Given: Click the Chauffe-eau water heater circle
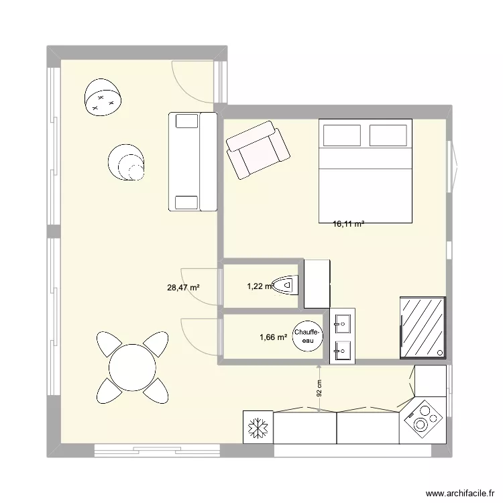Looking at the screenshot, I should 309,337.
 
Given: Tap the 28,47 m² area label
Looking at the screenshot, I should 184,288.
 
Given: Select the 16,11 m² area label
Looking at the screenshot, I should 349,225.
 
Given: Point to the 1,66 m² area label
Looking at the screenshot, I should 274,337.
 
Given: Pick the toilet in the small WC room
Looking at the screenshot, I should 286,286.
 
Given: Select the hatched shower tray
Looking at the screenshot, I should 423,327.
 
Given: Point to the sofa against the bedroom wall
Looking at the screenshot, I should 192,161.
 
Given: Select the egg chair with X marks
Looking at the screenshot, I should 103,98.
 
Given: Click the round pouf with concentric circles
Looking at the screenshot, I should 127,163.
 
